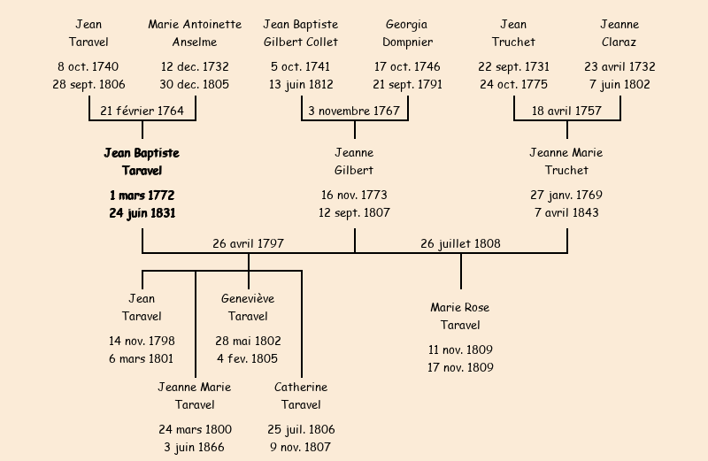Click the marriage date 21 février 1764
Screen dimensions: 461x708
click(x=142, y=111)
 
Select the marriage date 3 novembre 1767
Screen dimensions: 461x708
click(x=354, y=111)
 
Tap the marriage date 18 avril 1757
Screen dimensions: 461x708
click(x=566, y=111)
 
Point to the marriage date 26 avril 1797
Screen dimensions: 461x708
click(x=248, y=243)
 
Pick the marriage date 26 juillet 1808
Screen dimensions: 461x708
click(x=460, y=243)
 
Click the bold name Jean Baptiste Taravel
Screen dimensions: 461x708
click(x=142, y=161)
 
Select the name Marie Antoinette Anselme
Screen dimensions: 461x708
click(x=195, y=33)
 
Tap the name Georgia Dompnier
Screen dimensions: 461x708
click(x=407, y=33)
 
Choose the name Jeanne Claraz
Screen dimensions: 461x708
click(x=619, y=33)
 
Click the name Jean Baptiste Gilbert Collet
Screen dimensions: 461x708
click(x=301, y=33)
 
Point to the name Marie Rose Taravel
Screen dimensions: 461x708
click(x=460, y=316)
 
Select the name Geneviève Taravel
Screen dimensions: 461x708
click(x=248, y=307)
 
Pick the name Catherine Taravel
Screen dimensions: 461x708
click(x=301, y=396)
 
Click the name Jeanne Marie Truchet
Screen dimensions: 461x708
click(x=566, y=161)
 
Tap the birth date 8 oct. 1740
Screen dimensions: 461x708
click(x=88, y=66)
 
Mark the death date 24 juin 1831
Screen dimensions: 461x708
click(x=142, y=212)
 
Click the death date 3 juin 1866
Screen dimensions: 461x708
click(x=195, y=447)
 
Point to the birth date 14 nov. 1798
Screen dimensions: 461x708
click(x=142, y=341)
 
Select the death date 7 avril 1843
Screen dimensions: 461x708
click(x=566, y=212)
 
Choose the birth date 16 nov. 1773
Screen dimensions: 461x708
click(x=354, y=195)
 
